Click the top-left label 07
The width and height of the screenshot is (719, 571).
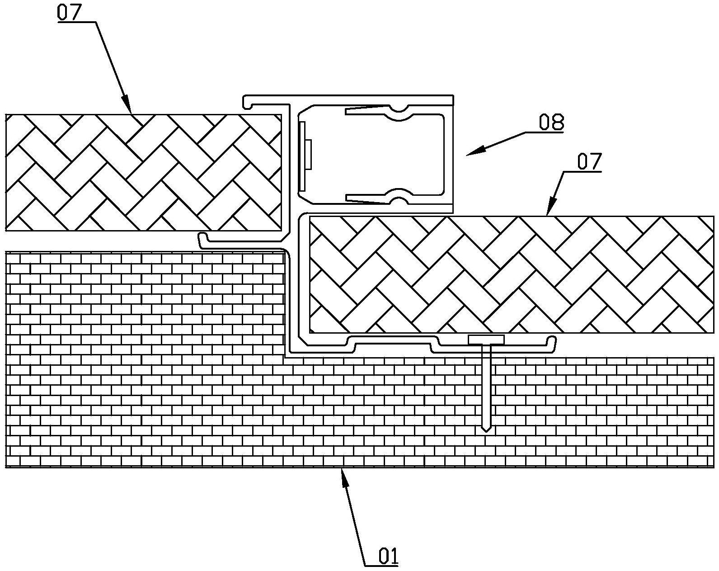point(68,12)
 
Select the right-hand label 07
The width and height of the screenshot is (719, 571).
point(588,162)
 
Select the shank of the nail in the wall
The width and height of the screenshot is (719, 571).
point(486,384)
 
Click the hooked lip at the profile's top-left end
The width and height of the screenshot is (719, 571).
point(247,103)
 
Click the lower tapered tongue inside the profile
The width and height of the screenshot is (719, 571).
point(366,198)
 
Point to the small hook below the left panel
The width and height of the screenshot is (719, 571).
point(202,239)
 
